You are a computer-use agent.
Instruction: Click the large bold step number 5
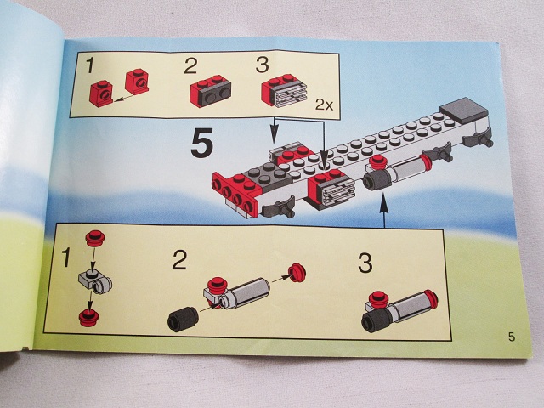point(202,143)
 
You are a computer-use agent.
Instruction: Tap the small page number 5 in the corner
point(512,337)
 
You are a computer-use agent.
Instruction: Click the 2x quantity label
point(324,105)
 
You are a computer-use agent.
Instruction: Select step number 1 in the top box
point(90,65)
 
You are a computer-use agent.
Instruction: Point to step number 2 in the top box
point(190,65)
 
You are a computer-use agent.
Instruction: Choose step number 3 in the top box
point(262,65)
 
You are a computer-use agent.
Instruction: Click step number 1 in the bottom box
point(65,257)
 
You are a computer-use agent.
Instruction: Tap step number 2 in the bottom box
point(179,259)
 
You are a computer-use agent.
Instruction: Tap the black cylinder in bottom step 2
point(183,319)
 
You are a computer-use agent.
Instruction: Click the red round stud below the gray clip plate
point(88,318)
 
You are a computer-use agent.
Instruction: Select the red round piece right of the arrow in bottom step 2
point(297,272)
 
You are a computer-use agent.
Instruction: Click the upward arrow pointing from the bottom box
point(383,212)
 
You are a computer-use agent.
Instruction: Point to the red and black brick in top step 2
point(210,90)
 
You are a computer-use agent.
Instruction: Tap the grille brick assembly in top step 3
point(284,90)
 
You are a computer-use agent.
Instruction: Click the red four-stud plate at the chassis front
point(237,194)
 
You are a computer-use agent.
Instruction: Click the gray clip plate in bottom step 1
point(95,281)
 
